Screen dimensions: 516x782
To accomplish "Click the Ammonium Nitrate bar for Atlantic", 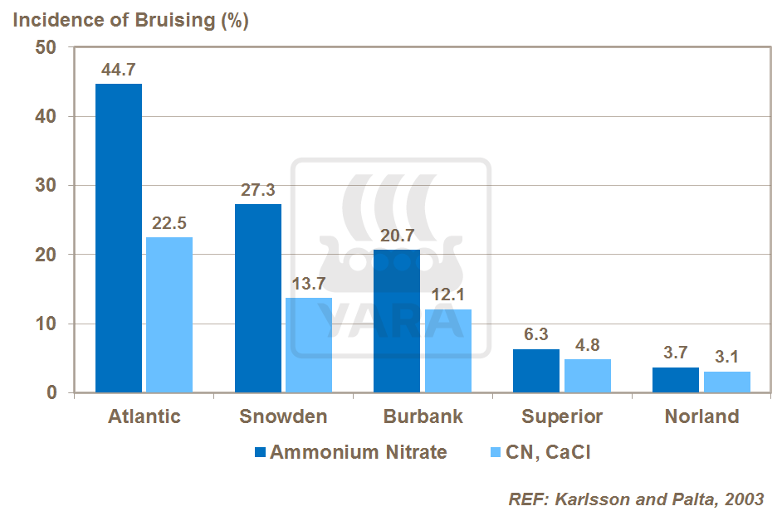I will coord(119,238).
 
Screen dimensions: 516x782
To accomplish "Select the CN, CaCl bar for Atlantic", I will coord(169,314).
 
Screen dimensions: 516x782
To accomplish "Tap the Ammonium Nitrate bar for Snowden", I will coord(258,298).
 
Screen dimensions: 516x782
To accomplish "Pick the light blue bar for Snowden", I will coord(309,345).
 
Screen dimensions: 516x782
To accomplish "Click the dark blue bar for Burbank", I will coord(397,321).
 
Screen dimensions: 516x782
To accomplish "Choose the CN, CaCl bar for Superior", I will coord(588,376).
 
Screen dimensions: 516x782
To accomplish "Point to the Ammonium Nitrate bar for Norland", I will coord(676,380).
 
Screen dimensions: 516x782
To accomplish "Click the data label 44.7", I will coord(119,70).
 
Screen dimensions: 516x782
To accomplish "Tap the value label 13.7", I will coord(309,284).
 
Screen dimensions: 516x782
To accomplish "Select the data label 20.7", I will coord(397,236).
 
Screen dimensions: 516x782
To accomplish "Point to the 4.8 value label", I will coord(588,345).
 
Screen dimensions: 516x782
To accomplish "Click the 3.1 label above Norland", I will coord(727,358).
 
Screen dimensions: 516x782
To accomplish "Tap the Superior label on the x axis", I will coord(562,416).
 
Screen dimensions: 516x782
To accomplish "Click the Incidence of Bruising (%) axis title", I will coord(130,21).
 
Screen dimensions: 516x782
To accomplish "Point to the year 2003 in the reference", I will coord(743,499).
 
